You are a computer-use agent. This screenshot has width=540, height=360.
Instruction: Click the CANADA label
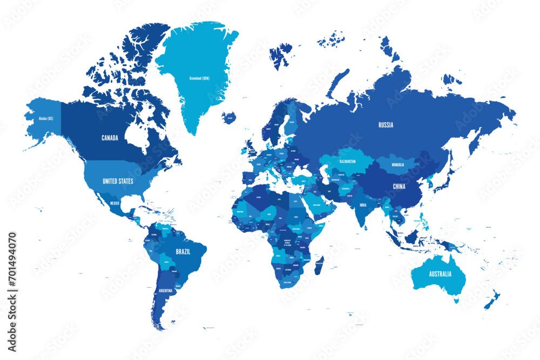110,138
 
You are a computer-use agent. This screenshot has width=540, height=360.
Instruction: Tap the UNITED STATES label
118,181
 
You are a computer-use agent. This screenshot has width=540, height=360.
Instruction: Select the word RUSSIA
386,125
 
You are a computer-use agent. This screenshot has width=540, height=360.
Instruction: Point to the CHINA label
399,186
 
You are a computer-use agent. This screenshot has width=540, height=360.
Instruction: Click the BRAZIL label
183,252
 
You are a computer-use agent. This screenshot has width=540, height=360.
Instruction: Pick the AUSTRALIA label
440,274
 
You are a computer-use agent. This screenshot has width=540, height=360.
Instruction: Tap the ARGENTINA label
165,291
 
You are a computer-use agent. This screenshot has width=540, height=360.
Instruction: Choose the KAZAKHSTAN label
347,161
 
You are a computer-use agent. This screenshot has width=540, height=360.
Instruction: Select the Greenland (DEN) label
199,78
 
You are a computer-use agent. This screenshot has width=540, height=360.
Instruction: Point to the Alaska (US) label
46,118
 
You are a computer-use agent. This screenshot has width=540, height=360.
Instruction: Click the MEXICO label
114,203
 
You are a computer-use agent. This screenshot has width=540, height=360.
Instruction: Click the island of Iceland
229,118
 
